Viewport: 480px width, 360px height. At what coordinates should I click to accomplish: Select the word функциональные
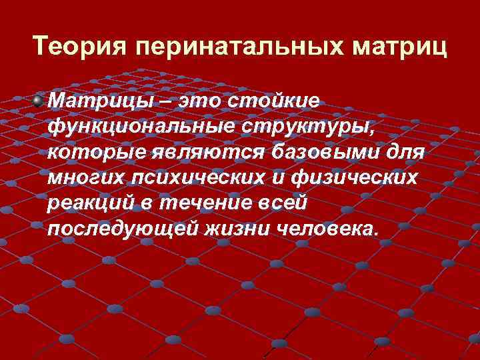point(134,127)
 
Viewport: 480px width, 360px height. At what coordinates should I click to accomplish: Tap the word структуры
point(309,127)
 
